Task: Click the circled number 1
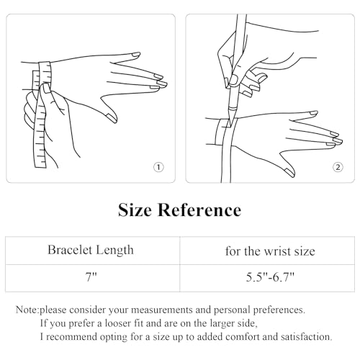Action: pos(159,167)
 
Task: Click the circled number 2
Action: pos(338,167)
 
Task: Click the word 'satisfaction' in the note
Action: pos(302,336)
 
